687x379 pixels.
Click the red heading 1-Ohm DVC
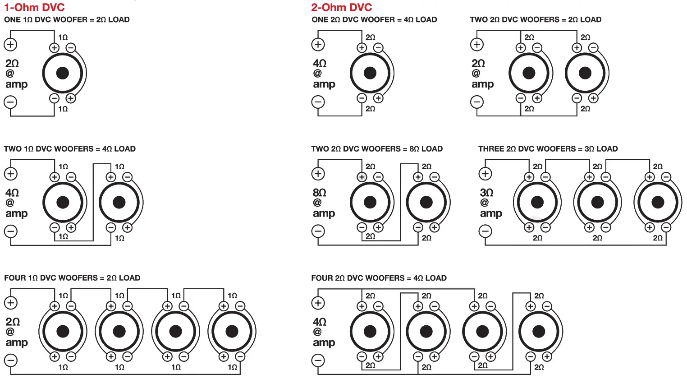point(34,7)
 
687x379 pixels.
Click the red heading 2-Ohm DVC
point(342,7)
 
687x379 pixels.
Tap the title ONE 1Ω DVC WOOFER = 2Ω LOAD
point(67,20)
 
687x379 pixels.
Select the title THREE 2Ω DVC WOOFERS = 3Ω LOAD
point(548,149)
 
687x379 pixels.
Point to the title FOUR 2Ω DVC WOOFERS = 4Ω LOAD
point(379,278)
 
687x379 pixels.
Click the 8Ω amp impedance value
point(320,193)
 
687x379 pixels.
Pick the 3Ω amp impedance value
point(487,193)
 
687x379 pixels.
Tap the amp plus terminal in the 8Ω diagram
point(318,174)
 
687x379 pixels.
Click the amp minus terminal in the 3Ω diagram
point(485,231)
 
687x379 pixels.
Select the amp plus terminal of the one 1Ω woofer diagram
point(10,44)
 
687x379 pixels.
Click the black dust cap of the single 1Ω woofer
point(62,73)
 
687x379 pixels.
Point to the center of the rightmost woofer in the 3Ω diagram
point(658,202)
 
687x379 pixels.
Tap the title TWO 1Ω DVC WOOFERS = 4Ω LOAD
point(69,149)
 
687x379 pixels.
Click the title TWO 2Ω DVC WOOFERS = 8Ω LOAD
point(377,149)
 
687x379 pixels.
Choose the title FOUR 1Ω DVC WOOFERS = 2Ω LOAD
point(72,278)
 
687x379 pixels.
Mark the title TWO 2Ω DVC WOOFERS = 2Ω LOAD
point(536,20)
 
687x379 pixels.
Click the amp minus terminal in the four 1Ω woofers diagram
point(11,361)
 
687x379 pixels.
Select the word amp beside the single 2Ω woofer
point(324,84)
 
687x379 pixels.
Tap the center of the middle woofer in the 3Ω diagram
point(597,202)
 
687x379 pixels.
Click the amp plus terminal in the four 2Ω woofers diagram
point(318,303)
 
